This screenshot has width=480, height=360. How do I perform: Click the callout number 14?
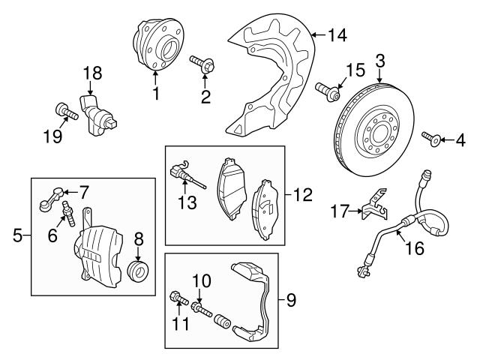click(338, 34)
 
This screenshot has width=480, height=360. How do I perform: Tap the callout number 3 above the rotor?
click(380, 60)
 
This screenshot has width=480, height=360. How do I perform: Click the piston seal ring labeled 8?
click(137, 269)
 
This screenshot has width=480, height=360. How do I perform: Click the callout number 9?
click(292, 301)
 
